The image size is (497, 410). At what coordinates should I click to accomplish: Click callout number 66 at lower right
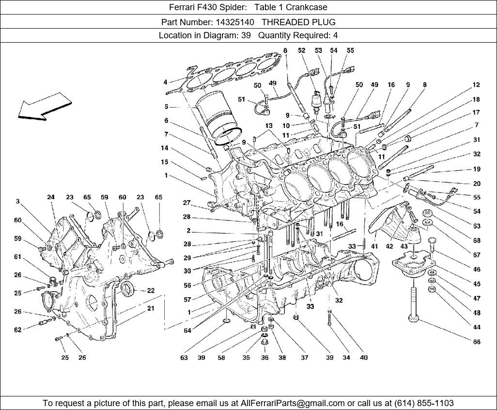pos(477,342)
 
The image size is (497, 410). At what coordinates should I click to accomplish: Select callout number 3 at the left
pos(17,201)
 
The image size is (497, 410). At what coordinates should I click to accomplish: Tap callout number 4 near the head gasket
pos(165,82)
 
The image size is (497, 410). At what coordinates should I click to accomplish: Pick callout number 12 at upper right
pos(477,85)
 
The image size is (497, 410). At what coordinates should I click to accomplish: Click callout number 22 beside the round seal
pos(151,290)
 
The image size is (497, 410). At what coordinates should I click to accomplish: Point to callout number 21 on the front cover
pos(151,308)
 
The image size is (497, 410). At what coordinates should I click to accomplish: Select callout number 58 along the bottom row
pos(221,358)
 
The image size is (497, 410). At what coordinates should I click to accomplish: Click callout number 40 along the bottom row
pos(364,358)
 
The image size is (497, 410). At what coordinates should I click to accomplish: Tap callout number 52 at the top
pos(302,50)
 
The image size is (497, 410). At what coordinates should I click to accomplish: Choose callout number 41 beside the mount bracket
pos(374,246)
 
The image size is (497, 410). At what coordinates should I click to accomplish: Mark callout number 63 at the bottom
pos(184,358)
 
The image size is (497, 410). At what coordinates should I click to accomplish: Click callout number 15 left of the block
pos(165,162)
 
